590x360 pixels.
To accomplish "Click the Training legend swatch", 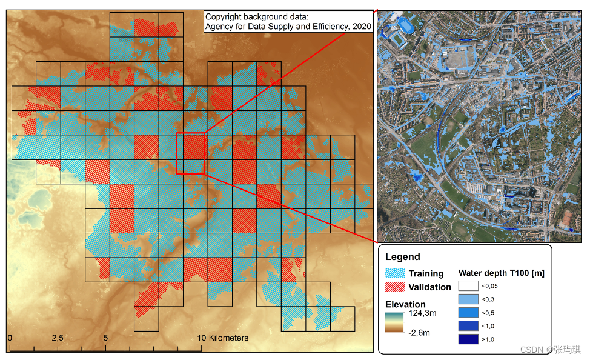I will [x=396, y=273].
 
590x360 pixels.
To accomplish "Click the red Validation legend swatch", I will [x=396, y=287].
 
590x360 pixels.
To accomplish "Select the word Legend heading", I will [x=402, y=257].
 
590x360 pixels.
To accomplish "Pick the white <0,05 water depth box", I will [x=468, y=285].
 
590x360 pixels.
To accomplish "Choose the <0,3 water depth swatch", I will [x=468, y=299].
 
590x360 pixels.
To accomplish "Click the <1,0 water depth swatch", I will [x=468, y=326].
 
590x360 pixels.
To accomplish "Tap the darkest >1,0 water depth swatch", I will [x=468, y=339].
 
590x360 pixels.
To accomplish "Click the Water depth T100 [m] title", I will [x=501, y=273].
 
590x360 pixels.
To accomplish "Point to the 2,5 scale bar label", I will [x=57, y=338].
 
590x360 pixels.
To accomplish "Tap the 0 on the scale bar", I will [x=10, y=338].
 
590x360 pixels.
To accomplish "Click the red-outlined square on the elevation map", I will [x=191, y=153].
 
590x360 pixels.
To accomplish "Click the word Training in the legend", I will [x=426, y=273].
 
